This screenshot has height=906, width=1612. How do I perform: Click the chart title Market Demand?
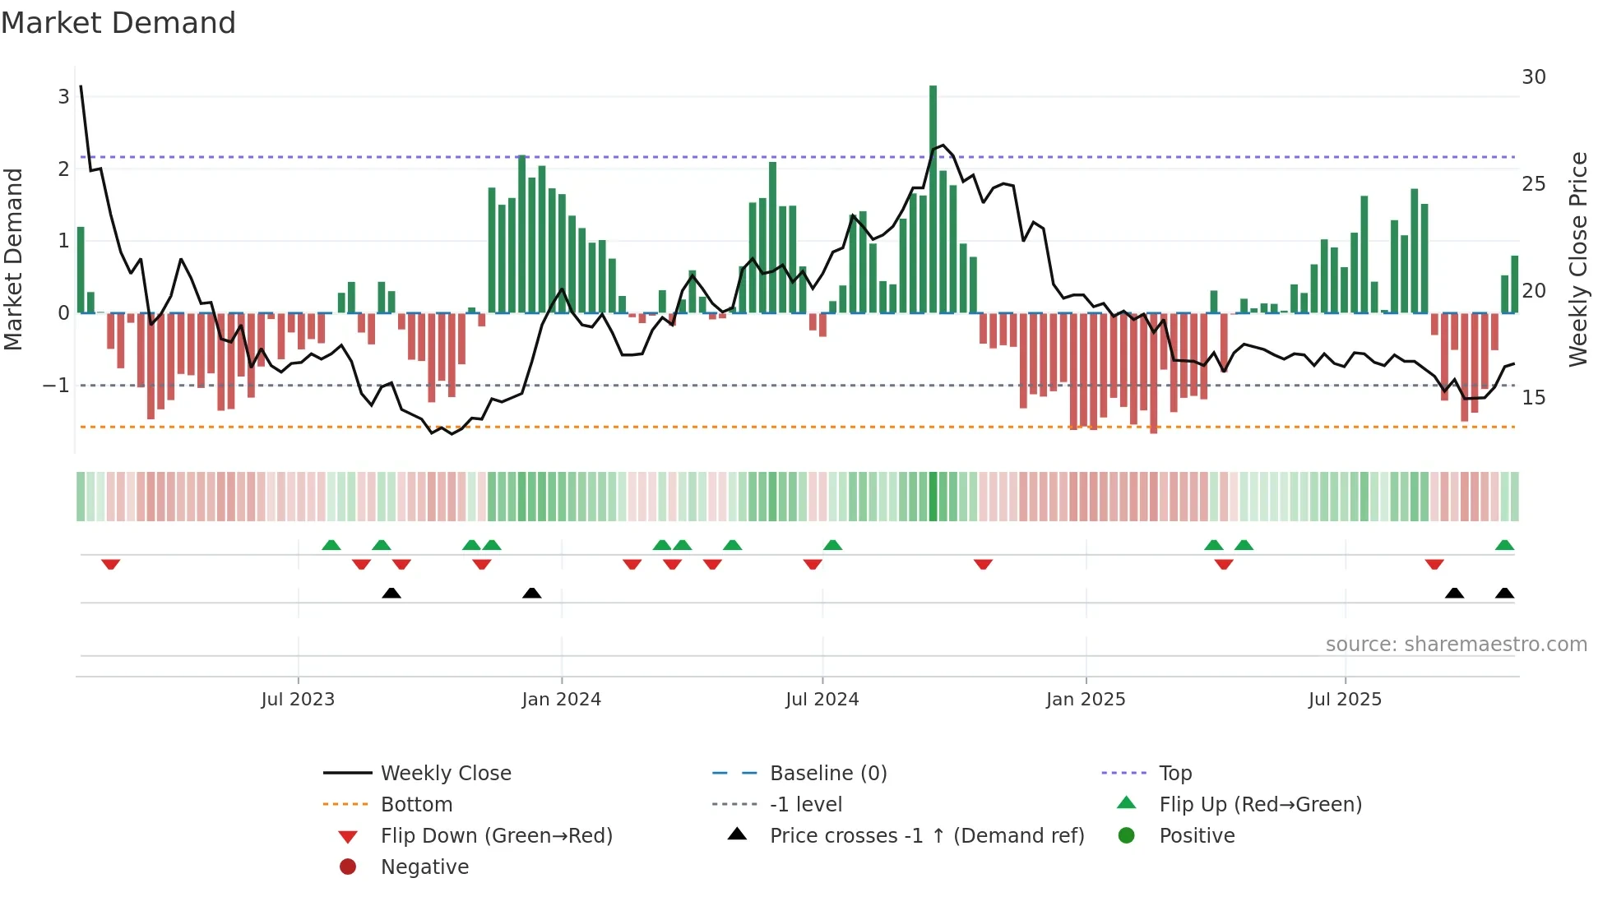pos(118,23)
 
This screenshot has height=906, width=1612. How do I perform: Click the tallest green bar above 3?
pos(933,197)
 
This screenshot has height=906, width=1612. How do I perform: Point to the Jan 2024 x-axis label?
pos(561,700)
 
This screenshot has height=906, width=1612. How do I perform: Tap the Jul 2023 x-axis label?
pos(298,700)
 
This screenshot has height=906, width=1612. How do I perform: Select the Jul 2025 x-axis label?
pos(1345,700)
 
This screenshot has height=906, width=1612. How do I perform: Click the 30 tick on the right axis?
pos(1533,77)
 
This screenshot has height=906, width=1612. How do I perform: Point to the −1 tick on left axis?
pos(56,386)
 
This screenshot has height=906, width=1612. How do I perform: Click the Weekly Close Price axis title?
pos(1577,259)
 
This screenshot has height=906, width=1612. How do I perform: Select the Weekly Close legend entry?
pos(445,774)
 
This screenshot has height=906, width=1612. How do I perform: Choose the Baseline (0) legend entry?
pos(827,774)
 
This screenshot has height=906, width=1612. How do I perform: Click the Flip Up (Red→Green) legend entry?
pos(1260,805)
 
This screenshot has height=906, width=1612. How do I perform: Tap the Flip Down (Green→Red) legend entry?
pos(496,836)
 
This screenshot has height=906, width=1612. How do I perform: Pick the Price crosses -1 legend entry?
pos(926,836)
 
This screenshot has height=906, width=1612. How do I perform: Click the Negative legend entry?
pos(424,867)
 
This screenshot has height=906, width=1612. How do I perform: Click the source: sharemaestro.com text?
pos(1456,645)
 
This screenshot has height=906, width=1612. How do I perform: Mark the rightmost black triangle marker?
pos(1504,594)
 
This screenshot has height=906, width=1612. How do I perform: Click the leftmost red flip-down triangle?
pos(111,564)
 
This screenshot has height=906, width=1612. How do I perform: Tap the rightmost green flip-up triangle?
pos(1504,545)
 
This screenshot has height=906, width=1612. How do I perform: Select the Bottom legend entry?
pos(416,805)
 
